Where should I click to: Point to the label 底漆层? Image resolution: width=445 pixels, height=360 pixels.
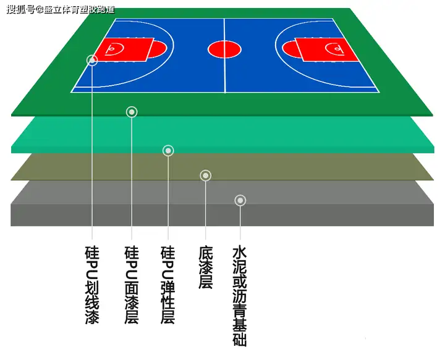206,269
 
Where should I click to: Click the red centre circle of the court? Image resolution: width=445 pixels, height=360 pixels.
221,49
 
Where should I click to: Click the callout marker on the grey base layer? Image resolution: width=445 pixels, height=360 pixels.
240,200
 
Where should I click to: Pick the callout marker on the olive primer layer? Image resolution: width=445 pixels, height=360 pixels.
206,175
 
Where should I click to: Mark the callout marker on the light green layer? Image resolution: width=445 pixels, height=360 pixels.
168,150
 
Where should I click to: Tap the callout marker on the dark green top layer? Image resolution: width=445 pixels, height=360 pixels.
132,112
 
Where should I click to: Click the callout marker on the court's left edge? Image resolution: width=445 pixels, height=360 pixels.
92,60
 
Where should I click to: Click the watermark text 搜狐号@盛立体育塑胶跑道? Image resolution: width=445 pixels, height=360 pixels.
60,9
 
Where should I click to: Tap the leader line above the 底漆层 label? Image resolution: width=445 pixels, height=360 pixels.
206,210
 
